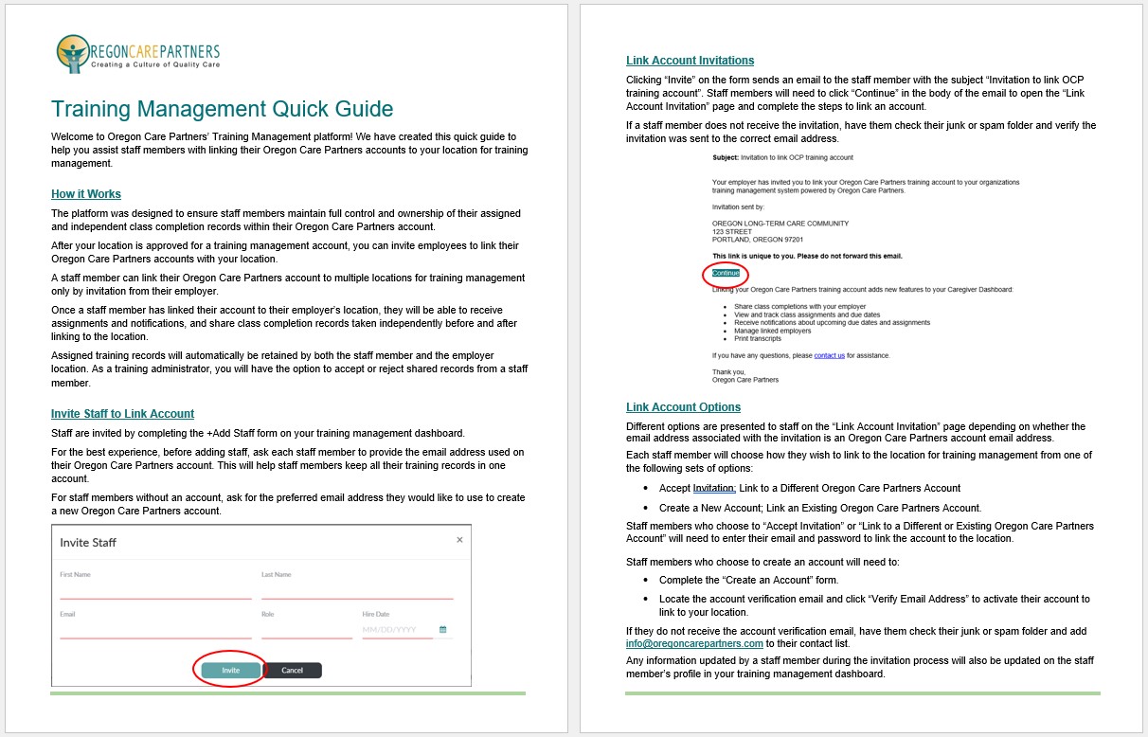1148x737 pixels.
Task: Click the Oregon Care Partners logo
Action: [x=137, y=54]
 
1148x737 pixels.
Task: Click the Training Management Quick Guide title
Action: [x=222, y=109]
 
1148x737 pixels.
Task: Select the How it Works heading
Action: [x=86, y=194]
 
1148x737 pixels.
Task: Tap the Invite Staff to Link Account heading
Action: [x=122, y=414]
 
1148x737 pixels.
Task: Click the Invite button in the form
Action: [x=231, y=670]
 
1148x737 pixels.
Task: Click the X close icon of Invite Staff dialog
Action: [x=459, y=540]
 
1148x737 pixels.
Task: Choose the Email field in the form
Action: [x=155, y=630]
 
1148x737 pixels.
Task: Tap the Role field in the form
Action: [x=306, y=630]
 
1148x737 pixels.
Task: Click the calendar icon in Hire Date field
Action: [x=442, y=629]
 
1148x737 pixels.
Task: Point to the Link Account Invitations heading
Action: [x=690, y=61]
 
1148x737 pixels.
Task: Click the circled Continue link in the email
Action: [x=726, y=273]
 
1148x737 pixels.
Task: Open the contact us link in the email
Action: [x=829, y=355]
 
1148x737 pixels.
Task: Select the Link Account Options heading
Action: [x=683, y=407]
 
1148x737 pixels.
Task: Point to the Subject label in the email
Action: [x=725, y=157]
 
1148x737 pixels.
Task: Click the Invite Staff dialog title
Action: [x=88, y=543]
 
